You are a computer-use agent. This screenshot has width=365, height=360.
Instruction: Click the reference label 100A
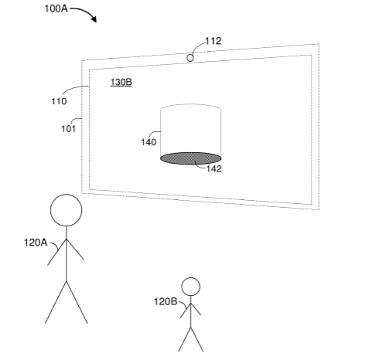56,8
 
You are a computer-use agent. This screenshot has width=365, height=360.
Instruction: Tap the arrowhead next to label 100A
94,19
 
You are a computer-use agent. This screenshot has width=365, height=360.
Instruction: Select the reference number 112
213,41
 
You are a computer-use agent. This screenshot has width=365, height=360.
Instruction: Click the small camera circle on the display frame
190,58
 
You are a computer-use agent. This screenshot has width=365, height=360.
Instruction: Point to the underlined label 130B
121,82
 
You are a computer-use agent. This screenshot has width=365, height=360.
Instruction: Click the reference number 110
59,101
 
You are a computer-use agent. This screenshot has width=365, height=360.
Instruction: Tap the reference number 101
68,128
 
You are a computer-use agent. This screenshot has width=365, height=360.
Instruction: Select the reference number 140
148,142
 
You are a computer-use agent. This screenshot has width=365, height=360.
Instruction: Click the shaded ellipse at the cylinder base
191,158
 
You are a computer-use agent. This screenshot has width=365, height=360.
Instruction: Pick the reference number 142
214,169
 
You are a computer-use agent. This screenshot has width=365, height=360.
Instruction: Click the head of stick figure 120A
67,210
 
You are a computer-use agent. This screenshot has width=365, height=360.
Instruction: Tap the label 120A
36,243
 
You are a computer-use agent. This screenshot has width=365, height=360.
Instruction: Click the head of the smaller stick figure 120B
191,287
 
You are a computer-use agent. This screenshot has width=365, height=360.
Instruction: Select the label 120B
165,301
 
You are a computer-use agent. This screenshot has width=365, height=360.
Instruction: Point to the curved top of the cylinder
191,105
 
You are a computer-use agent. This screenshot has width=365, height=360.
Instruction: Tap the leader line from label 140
154,133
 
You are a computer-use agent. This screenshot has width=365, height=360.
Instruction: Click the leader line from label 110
73,88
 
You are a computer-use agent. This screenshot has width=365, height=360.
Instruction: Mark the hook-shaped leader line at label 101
77,119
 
